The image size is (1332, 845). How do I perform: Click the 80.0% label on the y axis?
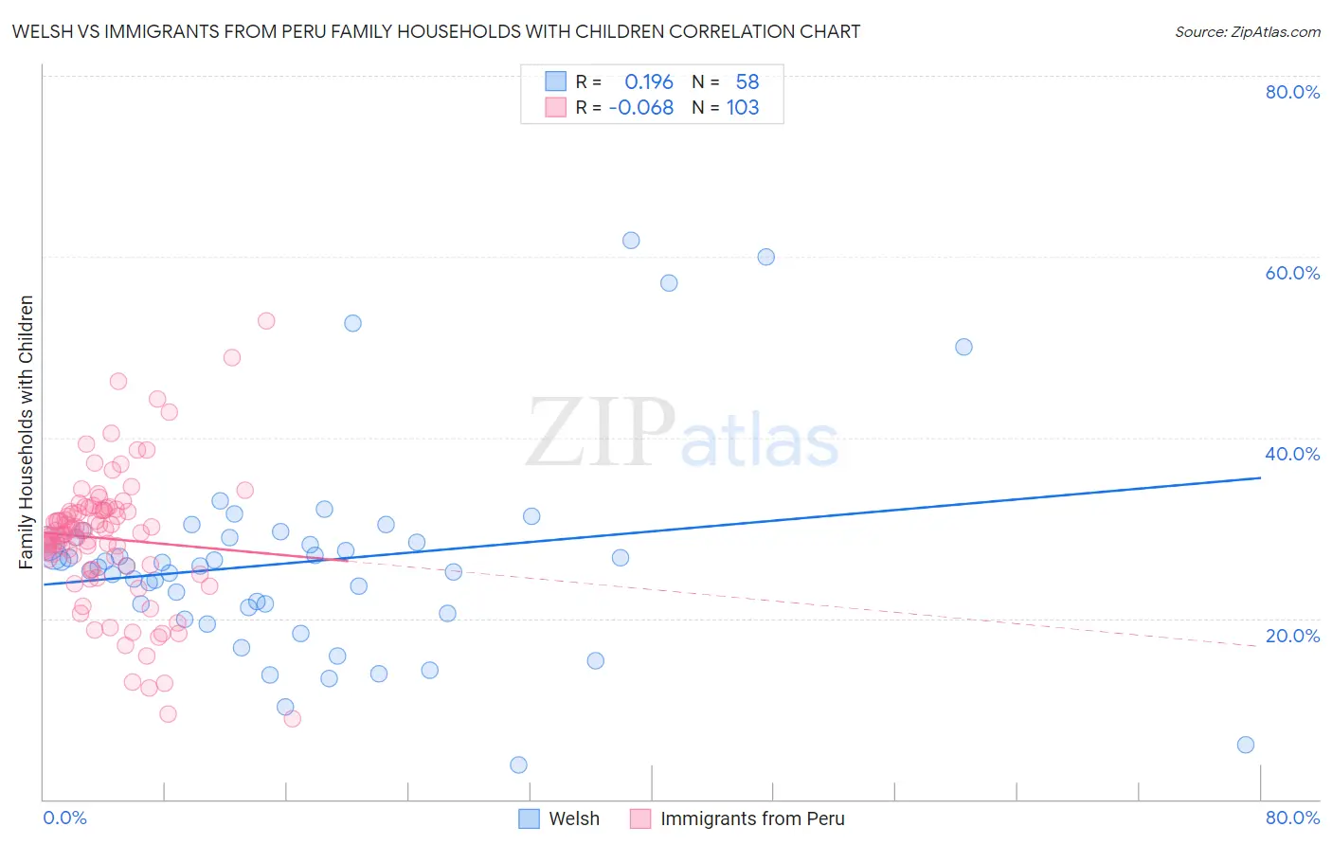1292,92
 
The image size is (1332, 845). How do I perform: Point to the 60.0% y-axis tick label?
1292,273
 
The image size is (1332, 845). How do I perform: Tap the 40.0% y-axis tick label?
1292,454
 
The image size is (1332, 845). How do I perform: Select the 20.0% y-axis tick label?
1292,636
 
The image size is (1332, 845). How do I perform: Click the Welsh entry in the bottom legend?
573,818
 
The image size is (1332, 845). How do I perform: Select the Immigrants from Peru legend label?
751,818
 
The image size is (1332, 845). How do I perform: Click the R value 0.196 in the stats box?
648,82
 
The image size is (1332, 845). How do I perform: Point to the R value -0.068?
641,108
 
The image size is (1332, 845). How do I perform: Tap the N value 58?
747,82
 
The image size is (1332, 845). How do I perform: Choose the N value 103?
743,108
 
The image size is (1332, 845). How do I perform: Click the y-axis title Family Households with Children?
27,432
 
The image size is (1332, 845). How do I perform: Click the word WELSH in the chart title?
41,32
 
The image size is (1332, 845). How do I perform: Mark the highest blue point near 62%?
631,241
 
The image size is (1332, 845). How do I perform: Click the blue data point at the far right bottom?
1246,745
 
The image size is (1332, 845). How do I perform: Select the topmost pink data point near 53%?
266,321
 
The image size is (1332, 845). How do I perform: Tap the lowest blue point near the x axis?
518,764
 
